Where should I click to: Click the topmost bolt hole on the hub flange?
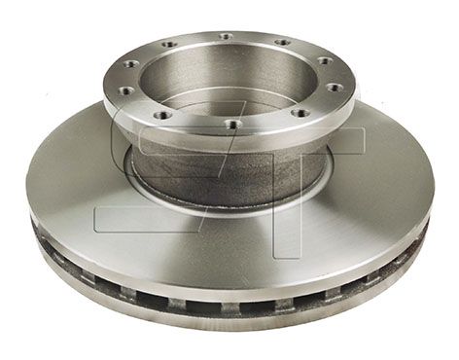226,36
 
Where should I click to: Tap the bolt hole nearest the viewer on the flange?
233,124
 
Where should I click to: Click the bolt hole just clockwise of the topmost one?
282,42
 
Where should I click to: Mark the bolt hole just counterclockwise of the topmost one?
168,44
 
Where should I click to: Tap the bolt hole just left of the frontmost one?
160,115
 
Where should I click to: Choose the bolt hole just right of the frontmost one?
300,113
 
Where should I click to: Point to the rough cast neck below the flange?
227,172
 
